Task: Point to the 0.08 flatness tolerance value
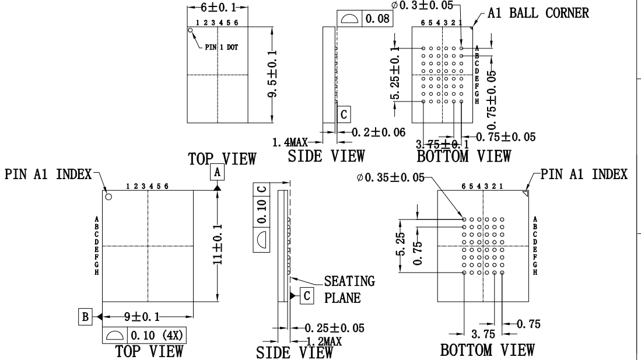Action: pos(378,19)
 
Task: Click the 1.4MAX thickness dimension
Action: pos(291,142)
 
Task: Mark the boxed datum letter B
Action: pos(85,317)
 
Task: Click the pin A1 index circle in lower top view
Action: pos(108,197)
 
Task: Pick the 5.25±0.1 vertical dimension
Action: pos(396,74)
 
